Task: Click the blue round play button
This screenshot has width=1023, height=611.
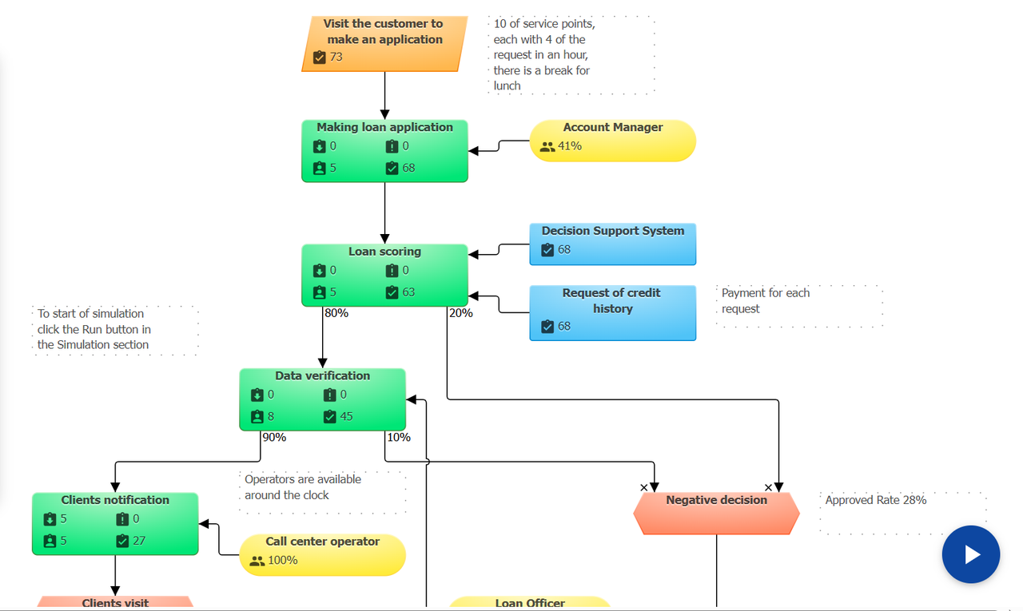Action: pyautogui.click(x=971, y=554)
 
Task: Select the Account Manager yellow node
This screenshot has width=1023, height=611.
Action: pyautogui.click(x=613, y=141)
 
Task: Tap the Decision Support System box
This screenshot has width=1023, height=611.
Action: pyautogui.click(x=613, y=244)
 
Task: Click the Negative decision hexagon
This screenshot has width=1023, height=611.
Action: pyautogui.click(x=716, y=513)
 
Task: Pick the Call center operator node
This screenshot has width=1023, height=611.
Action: pyautogui.click(x=323, y=554)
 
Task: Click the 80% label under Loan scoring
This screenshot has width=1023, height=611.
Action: pyautogui.click(x=336, y=313)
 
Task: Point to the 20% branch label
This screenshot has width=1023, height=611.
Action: pyautogui.click(x=460, y=313)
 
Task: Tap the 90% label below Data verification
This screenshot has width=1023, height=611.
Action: pyautogui.click(x=274, y=437)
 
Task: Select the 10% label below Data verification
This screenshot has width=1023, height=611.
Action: pyautogui.click(x=398, y=437)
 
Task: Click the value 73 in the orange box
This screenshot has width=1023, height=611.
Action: pyautogui.click(x=336, y=57)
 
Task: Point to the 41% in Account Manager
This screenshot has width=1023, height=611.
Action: pyautogui.click(x=570, y=146)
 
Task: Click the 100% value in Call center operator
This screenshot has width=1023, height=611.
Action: pyautogui.click(x=283, y=560)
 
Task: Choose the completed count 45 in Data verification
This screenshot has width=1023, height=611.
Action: pyautogui.click(x=346, y=416)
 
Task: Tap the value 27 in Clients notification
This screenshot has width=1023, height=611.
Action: pyautogui.click(x=139, y=541)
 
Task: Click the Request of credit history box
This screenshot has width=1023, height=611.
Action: pyautogui.click(x=613, y=311)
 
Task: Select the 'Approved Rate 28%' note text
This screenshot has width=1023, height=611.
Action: pyautogui.click(x=876, y=500)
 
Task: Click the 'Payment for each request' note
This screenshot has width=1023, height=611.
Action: pyautogui.click(x=766, y=301)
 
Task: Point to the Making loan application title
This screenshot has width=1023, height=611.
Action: pyautogui.click(x=384, y=127)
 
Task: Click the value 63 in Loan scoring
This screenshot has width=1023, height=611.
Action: pyautogui.click(x=408, y=292)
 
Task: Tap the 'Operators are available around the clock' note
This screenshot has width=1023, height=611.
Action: pyautogui.click(x=303, y=487)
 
